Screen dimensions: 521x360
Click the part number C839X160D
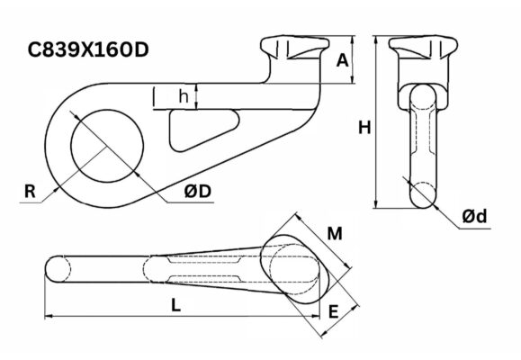88,50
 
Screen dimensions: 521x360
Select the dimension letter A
343,61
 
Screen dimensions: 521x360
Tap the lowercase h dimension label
184,96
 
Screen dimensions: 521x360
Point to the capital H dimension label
364,127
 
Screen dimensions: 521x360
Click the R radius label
30,192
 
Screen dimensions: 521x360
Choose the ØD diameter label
198,192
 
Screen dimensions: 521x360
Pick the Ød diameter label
474,216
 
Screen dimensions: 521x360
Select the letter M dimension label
335,234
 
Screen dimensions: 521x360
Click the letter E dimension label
333,311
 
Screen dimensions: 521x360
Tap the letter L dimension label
175,305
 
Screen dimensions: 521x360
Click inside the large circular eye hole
107,146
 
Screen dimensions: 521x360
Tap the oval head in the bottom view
294,269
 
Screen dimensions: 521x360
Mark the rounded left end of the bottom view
53,269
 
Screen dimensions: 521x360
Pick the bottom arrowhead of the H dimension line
376,204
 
